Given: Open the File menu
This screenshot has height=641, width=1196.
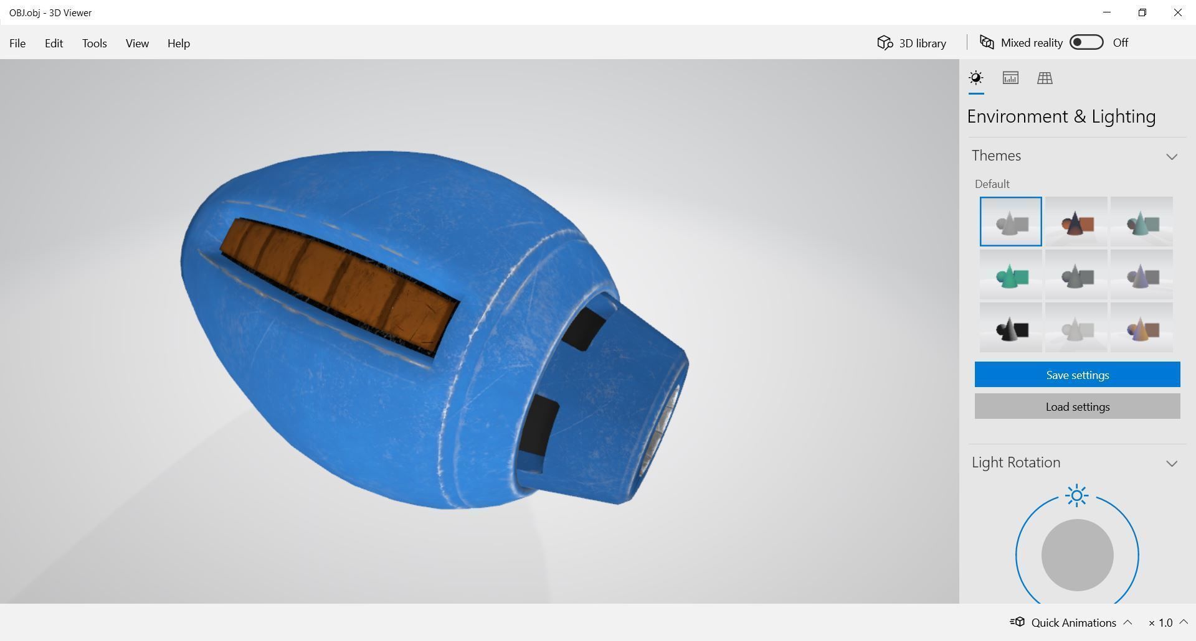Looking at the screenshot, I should point(17,43).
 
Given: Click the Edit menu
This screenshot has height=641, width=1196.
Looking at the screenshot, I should point(54,43).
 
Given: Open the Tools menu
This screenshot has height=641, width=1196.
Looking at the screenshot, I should point(94,43).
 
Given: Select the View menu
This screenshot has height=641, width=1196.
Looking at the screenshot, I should point(137,43).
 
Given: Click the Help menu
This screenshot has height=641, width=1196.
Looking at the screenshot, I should point(178,43).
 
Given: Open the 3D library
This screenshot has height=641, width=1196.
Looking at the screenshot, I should point(912,43).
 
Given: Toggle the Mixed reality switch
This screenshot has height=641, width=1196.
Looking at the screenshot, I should point(1086,42).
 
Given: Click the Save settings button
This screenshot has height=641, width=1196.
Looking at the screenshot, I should point(1077,375).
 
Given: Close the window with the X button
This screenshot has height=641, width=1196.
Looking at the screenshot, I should point(1177,12).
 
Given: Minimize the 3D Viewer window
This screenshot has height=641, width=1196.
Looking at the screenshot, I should point(1107,12).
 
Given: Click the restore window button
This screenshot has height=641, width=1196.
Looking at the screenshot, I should point(1142,12).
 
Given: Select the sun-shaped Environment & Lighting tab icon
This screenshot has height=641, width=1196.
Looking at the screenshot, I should point(976,78).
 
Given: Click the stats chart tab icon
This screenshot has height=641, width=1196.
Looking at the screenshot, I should point(1010,78).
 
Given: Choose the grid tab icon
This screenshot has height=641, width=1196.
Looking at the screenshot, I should point(1045,78).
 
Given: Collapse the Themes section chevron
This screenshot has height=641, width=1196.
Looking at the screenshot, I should point(1172,156).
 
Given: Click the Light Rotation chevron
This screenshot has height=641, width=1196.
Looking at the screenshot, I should point(1172,463).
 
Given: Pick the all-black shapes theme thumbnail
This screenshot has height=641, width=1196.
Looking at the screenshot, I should point(1010,328).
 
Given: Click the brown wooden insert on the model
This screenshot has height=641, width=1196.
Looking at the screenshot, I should point(339,283).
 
